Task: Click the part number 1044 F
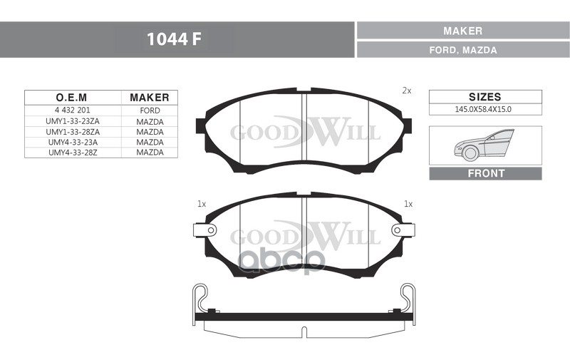point(174,39)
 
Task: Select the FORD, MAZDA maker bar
point(463,50)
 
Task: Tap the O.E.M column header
point(72,98)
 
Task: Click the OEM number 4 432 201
point(73,110)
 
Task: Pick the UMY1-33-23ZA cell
point(73,121)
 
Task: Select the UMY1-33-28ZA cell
point(73,132)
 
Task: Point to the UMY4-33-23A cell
point(73,142)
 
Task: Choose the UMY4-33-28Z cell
point(73,153)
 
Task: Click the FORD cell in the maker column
point(150,110)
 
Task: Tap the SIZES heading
point(485,97)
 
